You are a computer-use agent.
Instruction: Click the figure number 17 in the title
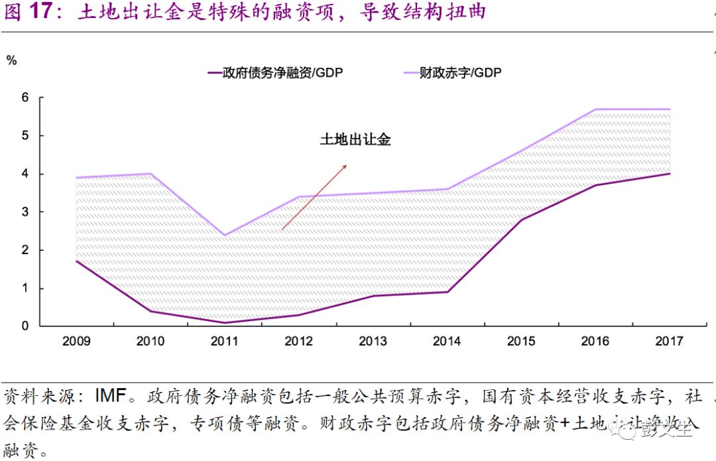[42, 12]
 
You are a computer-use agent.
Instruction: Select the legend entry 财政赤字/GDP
[451, 73]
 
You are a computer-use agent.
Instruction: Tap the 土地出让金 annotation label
[355, 140]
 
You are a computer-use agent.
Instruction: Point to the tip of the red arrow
[347, 165]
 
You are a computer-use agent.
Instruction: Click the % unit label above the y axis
[11, 60]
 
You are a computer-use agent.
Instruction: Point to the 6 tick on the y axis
[26, 98]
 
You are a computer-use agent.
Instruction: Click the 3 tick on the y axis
[26, 212]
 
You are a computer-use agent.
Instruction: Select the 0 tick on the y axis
[26, 326]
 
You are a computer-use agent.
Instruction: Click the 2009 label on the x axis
[76, 342]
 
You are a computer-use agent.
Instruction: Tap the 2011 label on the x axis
[224, 342]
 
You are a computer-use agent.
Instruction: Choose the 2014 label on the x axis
[447, 342]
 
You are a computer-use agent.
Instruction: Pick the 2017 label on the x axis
[669, 342]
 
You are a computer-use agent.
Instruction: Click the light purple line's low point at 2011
[224, 235]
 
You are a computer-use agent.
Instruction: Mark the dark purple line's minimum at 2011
[224, 322]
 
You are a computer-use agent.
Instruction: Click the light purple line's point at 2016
[595, 109]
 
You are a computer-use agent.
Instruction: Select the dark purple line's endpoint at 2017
[670, 174]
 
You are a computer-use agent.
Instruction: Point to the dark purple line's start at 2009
[76, 261]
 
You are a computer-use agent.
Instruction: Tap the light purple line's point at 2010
[150, 174]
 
